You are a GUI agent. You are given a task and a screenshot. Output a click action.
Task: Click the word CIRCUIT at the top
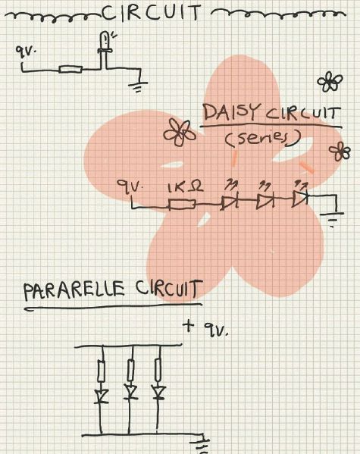152,12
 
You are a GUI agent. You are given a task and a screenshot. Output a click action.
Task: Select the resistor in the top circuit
70,70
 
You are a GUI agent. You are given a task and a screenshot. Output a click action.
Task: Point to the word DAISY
231,111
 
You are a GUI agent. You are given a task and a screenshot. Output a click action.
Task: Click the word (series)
263,138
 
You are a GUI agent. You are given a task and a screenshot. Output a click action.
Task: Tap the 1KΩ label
186,187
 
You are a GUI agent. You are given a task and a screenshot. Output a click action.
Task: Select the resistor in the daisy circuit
182,204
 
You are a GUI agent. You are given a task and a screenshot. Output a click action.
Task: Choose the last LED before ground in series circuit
300,199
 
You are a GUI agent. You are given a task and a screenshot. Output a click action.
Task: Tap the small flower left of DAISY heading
179,132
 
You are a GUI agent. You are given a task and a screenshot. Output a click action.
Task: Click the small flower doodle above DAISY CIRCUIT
330,82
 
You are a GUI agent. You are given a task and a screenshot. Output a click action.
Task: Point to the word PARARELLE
74,291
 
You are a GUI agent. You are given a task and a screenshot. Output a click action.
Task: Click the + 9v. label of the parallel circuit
205,328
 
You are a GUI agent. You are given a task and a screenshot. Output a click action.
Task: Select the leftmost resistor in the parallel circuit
101,371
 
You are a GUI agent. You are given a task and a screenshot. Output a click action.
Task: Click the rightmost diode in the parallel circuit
158,393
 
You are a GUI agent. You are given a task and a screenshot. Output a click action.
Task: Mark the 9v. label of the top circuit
26,53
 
